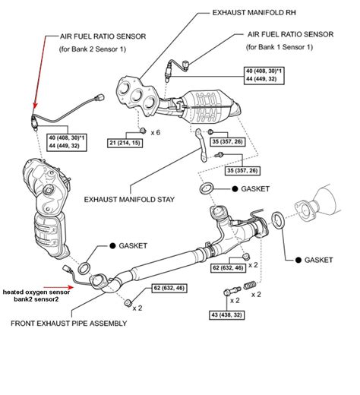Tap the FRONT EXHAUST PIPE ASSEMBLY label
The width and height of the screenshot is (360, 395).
click(x=68, y=322)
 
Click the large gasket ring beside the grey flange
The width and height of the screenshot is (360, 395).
click(x=279, y=221)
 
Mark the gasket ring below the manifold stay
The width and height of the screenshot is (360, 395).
click(x=205, y=188)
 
